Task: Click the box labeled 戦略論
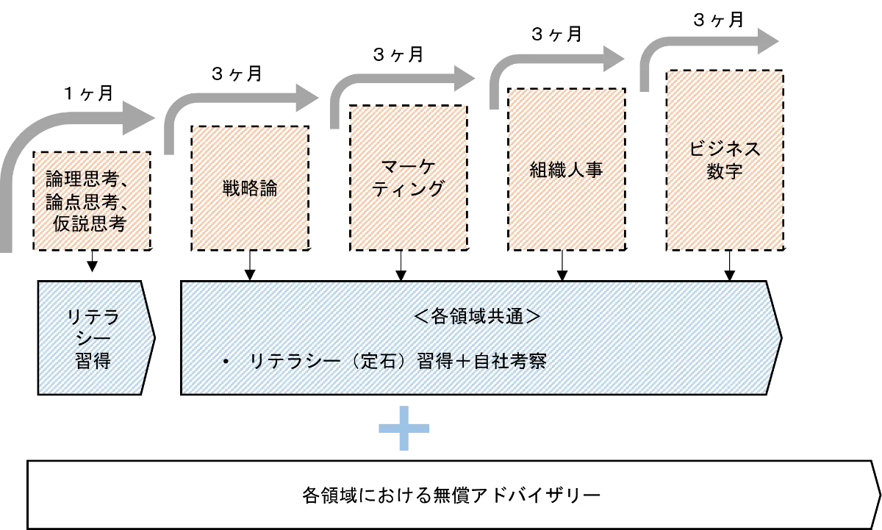(x=250, y=188)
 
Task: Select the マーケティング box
(x=407, y=179)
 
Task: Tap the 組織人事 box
(x=567, y=170)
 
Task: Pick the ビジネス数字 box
(x=725, y=159)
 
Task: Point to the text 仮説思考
(x=91, y=224)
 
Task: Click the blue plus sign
(x=405, y=429)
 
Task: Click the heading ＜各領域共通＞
(x=477, y=317)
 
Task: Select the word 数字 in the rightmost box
(x=725, y=171)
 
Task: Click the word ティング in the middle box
(x=407, y=190)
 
